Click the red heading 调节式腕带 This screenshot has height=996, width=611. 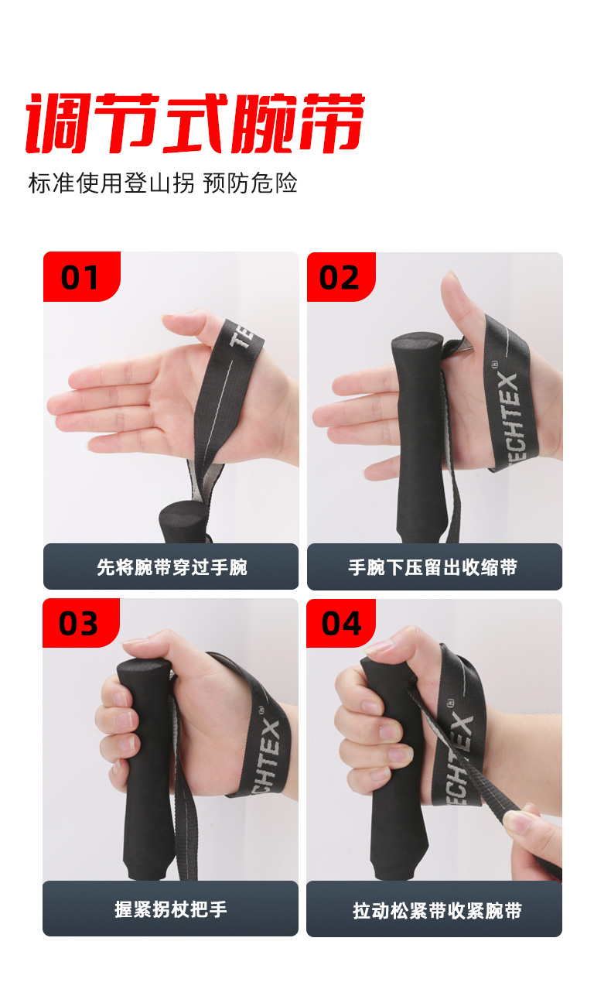pos(196,123)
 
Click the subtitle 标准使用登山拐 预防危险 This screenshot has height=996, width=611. pos(162,183)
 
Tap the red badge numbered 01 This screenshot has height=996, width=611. pos(82,276)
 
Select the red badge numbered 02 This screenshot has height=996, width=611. pos(341,277)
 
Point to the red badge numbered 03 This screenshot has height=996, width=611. pos(81,622)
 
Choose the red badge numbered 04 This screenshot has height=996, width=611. pos(341,623)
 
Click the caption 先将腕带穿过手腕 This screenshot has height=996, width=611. pos(172,567)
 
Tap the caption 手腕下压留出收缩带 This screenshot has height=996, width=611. pos(433,567)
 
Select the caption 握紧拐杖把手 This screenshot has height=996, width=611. pos(171,909)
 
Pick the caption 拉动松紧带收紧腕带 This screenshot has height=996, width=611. pos(437,911)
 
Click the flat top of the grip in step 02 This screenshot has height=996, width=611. pos(417,341)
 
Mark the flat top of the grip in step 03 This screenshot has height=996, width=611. pos(145,667)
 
